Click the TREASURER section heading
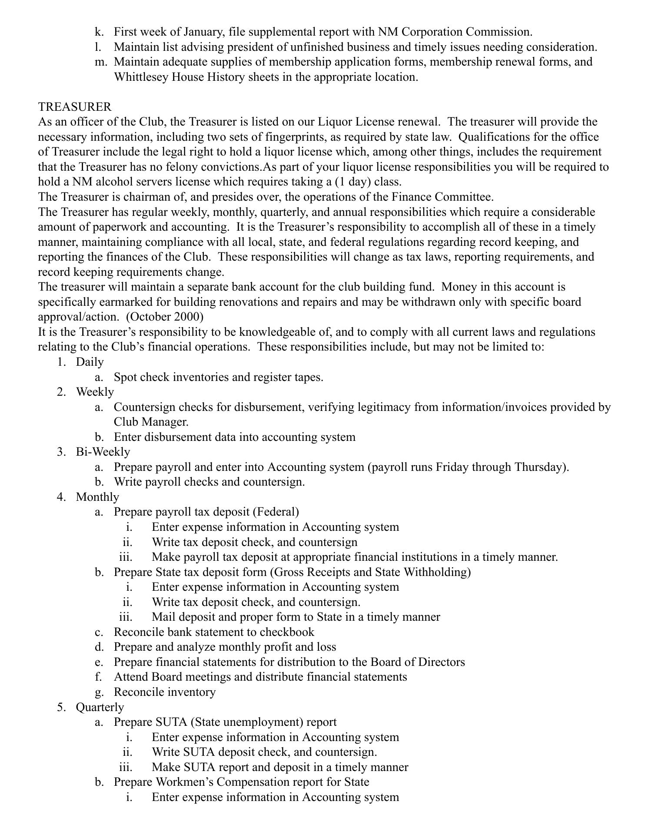pyautogui.click(x=75, y=106)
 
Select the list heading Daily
pyautogui.click(x=90, y=362)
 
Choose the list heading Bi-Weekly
pyautogui.click(x=103, y=452)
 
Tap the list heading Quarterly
pyautogui.click(x=100, y=707)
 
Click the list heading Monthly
pyautogui.click(x=97, y=496)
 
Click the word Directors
pyautogui.click(x=441, y=662)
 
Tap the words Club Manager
pyautogui.click(x=151, y=422)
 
